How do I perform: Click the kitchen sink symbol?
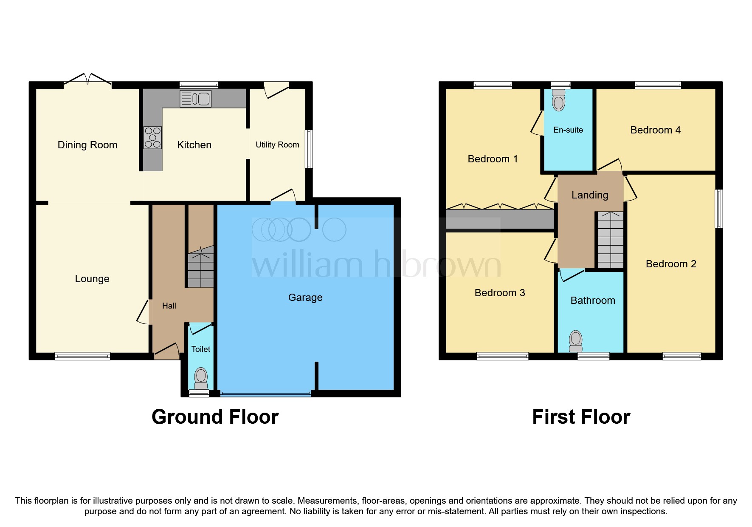tap(195, 99)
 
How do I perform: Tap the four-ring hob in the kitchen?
tap(152, 138)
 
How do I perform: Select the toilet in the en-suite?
tap(558, 100)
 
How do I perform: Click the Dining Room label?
tap(87, 145)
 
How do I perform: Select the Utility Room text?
tap(277, 145)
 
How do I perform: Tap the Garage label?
tap(305, 297)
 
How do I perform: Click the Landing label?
tap(590, 195)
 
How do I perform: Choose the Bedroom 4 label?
tap(655, 130)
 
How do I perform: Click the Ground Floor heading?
tap(215, 417)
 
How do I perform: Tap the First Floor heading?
tap(581, 417)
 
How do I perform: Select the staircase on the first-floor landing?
tap(611, 240)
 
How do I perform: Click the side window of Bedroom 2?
tap(718, 209)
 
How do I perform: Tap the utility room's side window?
tap(309, 149)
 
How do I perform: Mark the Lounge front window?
tap(82, 356)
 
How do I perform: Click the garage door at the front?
tap(266, 394)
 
